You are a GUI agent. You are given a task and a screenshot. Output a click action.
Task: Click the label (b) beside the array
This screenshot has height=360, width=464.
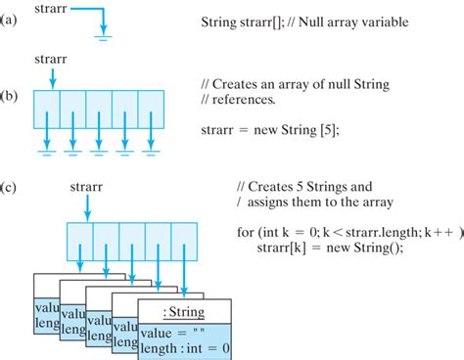(x=12, y=99)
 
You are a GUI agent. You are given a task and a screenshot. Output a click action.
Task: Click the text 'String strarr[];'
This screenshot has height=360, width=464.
(x=246, y=22)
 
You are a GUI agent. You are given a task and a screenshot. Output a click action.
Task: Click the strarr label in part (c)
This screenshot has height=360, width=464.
(x=89, y=186)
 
